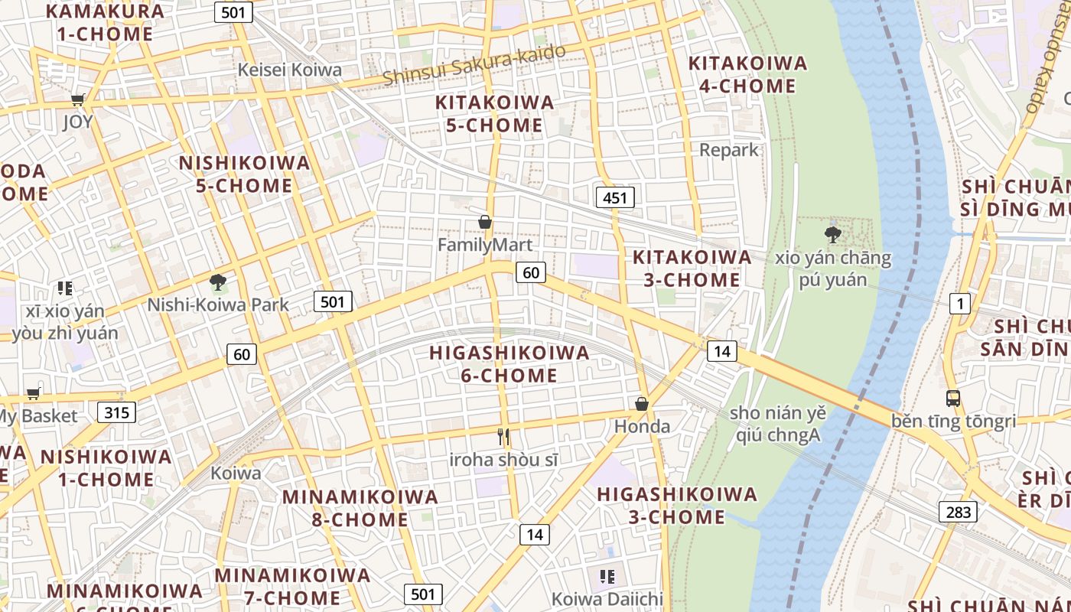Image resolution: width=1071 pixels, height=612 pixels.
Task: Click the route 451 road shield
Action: tap(614, 198)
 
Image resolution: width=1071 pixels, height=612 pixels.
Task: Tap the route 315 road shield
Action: tap(116, 413)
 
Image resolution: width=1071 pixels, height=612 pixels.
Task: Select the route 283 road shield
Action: tap(958, 512)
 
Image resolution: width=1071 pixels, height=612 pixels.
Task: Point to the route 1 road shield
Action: tap(959, 304)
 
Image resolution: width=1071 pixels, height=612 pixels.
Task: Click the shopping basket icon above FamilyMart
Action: tap(484, 223)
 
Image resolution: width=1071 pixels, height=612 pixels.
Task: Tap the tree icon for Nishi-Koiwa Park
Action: tap(218, 282)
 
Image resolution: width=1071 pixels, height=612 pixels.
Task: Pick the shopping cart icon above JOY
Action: tap(77, 99)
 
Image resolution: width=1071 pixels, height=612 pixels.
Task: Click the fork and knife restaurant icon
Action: tap(503, 437)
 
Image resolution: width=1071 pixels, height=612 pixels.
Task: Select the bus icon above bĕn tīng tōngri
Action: tap(952, 398)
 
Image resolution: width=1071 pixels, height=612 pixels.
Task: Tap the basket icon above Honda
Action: tap(642, 404)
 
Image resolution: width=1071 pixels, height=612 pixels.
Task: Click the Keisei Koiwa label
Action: tap(290, 70)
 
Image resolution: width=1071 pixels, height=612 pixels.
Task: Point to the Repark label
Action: tap(729, 150)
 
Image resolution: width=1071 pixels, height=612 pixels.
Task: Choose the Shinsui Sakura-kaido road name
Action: tap(474, 65)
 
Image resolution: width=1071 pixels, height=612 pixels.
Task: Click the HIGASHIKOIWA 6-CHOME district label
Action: tap(509, 364)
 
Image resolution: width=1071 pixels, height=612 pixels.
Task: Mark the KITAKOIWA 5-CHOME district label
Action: tap(494, 114)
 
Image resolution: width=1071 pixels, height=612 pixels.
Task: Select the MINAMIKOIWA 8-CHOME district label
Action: tap(360, 508)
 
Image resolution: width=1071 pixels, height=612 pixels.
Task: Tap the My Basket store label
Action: tap(38, 417)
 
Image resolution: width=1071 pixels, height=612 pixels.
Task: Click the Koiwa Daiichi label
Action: tap(607, 598)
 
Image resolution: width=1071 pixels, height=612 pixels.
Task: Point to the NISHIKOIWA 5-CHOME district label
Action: tap(245, 174)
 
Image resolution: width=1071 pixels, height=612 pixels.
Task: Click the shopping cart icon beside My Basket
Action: tap(33, 394)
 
